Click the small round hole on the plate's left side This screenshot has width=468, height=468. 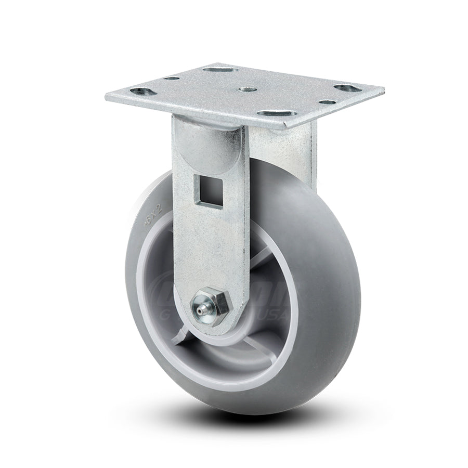point(172,79)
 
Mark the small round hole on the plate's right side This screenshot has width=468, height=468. point(326,102)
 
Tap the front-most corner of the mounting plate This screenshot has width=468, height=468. point(285,127)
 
